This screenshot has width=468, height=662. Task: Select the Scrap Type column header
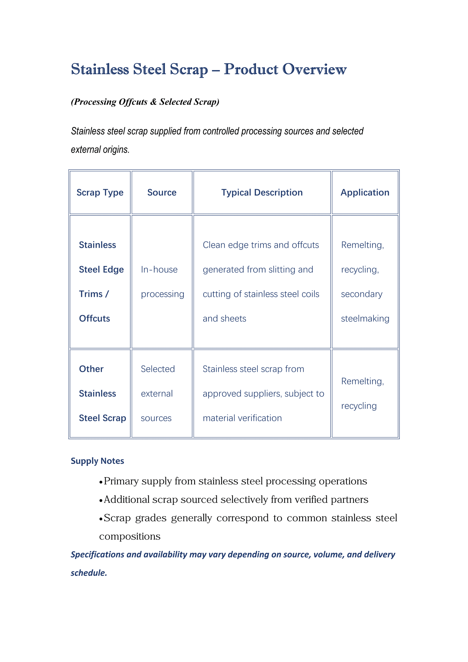[x=100, y=192]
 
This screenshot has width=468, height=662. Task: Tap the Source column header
[x=162, y=192]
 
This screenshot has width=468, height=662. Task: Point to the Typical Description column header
[x=262, y=192]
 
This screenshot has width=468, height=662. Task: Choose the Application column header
[x=365, y=192]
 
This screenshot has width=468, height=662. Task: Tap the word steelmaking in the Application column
[x=365, y=318]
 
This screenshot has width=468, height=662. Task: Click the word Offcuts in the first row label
[x=95, y=318]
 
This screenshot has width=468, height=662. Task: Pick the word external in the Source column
[x=157, y=393]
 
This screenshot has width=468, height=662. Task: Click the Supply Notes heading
[x=97, y=461]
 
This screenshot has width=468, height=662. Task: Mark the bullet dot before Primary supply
[x=101, y=482]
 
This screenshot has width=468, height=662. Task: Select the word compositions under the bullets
[x=130, y=536]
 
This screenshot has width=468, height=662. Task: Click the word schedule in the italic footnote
[x=88, y=573]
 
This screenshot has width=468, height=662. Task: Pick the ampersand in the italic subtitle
[x=153, y=102]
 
